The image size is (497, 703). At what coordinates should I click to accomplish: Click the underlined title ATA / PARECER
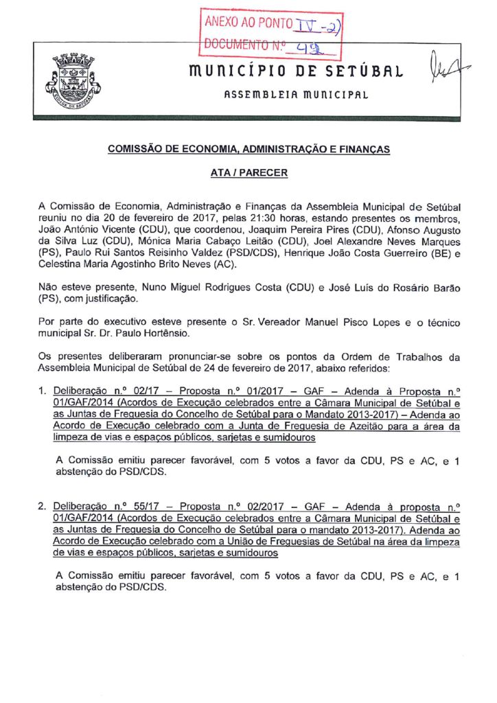tap(248, 174)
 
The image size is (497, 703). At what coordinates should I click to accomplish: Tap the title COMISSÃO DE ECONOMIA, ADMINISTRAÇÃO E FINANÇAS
tap(248, 149)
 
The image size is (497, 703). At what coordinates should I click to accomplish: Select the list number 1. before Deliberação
tap(43, 391)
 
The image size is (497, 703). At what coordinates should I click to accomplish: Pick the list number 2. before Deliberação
tap(43, 506)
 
